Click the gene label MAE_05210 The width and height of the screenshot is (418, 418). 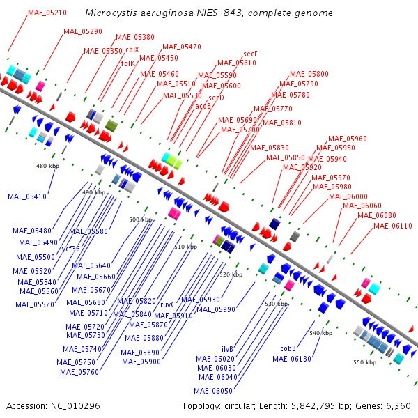[47, 13]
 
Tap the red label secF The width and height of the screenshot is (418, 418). [250, 54]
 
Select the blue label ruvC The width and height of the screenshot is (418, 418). [168, 304]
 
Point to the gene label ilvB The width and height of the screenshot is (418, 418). [227, 349]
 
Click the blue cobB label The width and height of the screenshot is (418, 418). [288, 348]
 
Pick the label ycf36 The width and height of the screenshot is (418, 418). [70, 249]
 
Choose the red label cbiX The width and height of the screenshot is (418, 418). [132, 50]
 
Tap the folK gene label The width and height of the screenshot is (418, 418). [128, 63]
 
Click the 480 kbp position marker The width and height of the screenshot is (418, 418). [47, 166]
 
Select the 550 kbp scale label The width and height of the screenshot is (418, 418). [364, 362]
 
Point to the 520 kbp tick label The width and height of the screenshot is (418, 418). [231, 274]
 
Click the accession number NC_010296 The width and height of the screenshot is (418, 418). [75, 406]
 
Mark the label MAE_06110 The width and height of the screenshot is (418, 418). [393, 226]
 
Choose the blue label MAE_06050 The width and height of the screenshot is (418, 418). [213, 391]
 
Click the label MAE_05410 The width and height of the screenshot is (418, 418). [27, 196]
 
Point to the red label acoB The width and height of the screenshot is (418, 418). [203, 106]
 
